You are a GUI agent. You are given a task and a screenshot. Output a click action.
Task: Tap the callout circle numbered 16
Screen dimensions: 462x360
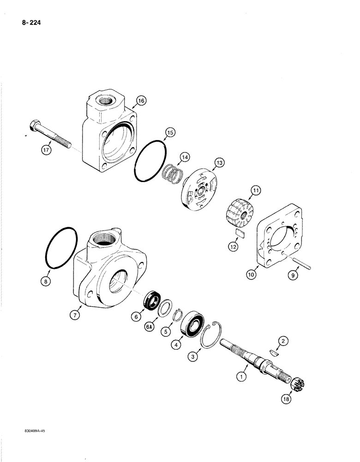(x=141, y=100)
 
